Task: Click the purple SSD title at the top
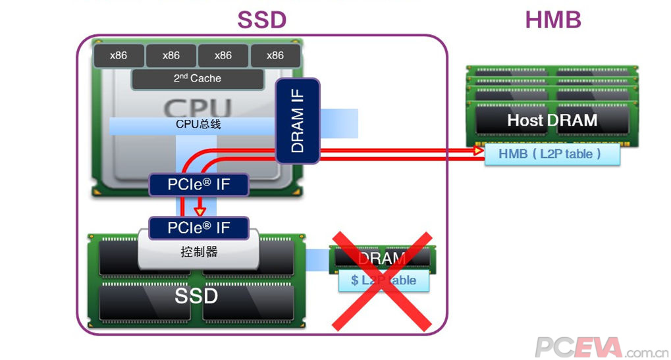pos(262,20)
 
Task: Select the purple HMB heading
pos(552,20)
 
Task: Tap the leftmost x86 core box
pos(119,55)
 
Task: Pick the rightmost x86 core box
pos(275,55)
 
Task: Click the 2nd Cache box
pos(197,78)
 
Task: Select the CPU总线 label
pos(198,124)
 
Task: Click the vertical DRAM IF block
pos(298,121)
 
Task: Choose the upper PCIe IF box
pos(199,184)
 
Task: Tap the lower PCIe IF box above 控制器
pos(199,228)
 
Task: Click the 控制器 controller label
pos(199,251)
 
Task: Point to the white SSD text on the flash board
pos(196,296)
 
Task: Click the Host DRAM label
pos(552,120)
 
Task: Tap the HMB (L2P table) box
pos(552,154)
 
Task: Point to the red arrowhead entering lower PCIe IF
pos(199,211)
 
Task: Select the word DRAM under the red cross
pos(382,259)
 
